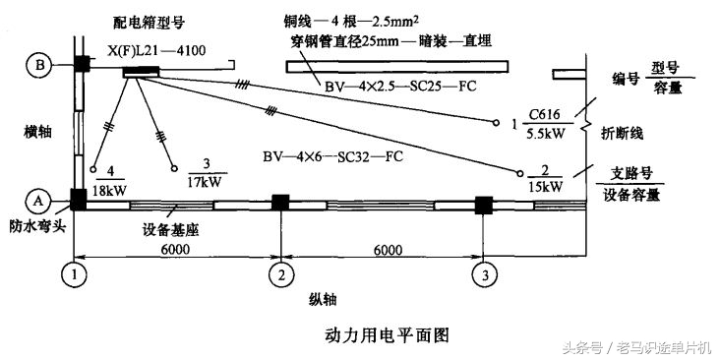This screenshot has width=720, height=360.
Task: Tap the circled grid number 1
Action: click(x=75, y=271)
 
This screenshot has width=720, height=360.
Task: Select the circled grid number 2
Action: click(x=281, y=272)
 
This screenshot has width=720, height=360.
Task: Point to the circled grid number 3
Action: click(x=483, y=272)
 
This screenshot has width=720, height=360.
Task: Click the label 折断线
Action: click(x=626, y=130)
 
